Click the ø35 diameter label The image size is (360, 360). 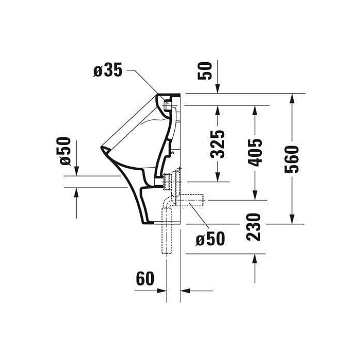[x=107, y=70]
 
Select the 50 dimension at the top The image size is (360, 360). [x=205, y=71]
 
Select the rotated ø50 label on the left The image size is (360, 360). [x=64, y=151]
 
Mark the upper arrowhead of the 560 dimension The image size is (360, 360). [x=292, y=98]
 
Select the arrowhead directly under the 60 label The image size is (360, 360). [x=162, y=291]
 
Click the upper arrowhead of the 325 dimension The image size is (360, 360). [x=218, y=110]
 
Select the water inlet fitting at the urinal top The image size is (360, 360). [x=167, y=105]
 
